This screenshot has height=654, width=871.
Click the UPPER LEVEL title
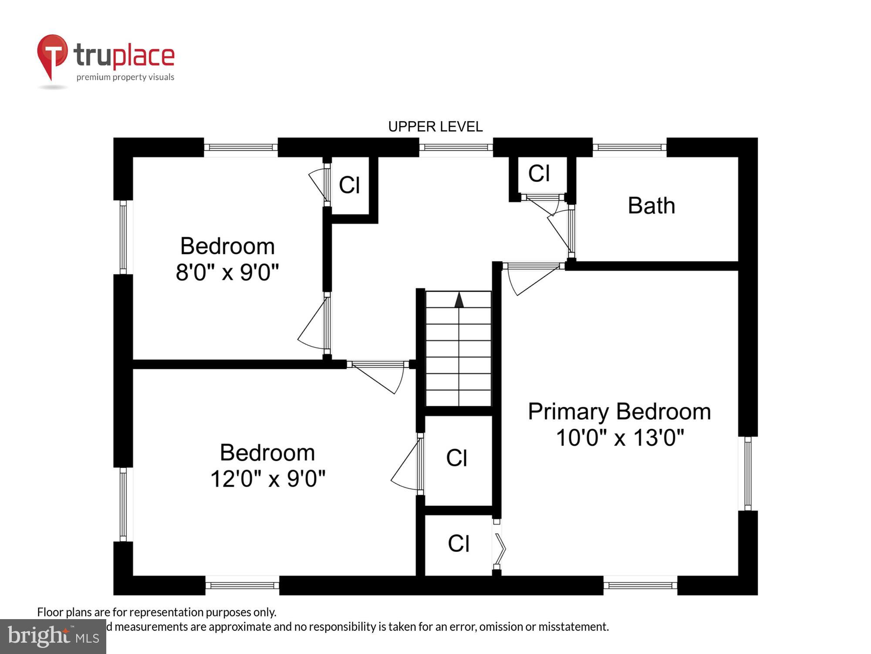click(x=435, y=126)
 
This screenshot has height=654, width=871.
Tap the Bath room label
click(x=651, y=205)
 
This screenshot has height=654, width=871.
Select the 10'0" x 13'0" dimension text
click(x=620, y=437)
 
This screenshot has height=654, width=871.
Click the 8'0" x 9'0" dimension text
click(x=227, y=272)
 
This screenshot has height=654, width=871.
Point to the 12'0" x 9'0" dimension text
click(x=268, y=478)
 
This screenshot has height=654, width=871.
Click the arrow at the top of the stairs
click(x=459, y=300)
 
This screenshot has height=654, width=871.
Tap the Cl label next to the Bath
click(x=539, y=174)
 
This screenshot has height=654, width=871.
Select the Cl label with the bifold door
click(x=458, y=544)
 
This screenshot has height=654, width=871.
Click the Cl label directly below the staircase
click(x=456, y=458)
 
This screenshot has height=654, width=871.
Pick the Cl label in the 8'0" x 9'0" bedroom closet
click(x=349, y=185)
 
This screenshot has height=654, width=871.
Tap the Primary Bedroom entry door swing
click(x=531, y=279)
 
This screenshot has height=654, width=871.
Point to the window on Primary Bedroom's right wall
click(x=748, y=473)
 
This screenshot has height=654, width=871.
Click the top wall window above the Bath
click(x=629, y=147)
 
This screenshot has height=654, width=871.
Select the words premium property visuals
click(x=125, y=77)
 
